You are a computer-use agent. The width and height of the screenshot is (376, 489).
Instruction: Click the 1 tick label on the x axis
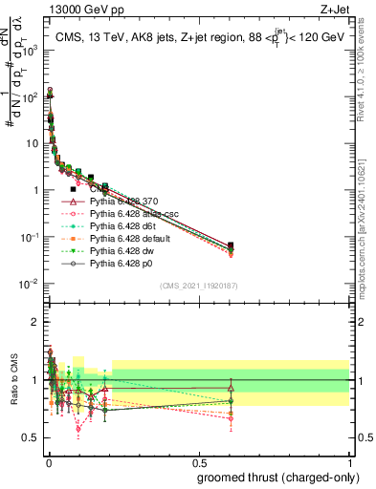coord(349,463)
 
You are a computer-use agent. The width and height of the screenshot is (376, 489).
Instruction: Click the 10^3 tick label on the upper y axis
coord(29,51)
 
